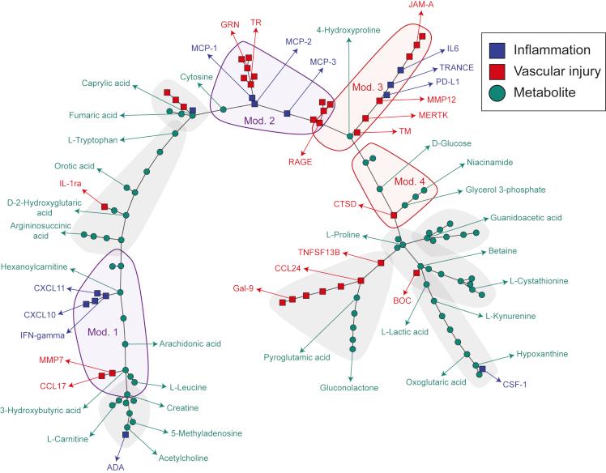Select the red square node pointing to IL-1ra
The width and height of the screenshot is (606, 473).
(105, 207)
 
